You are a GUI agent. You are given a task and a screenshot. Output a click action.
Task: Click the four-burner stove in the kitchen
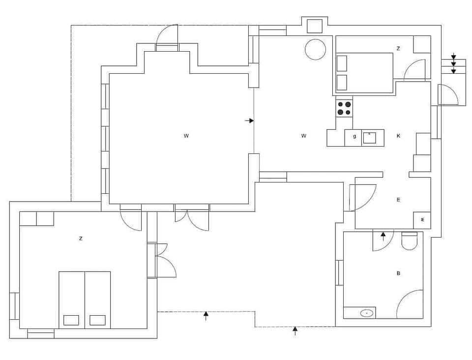pyautogui.click(x=344, y=108)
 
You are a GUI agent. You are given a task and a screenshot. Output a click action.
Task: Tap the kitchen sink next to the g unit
pyautogui.click(x=369, y=138)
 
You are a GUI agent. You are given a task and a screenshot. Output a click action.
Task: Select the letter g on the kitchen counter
pyautogui.click(x=354, y=136)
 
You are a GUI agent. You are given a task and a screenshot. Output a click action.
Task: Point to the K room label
pyautogui.click(x=398, y=136)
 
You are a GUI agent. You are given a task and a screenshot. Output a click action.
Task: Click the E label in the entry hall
pyautogui.click(x=398, y=200)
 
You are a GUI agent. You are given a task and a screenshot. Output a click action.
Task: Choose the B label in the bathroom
pyautogui.click(x=398, y=273)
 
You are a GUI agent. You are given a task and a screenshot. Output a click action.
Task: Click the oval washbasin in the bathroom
pyautogui.click(x=366, y=313)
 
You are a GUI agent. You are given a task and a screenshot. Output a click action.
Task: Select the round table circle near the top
pyautogui.click(x=315, y=50)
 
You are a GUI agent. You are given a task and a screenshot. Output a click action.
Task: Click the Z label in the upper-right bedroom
pyautogui.click(x=398, y=48)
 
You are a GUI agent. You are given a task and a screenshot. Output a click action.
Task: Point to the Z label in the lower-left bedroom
pyautogui.click(x=81, y=239)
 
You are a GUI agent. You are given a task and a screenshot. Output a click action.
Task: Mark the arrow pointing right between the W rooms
pyautogui.click(x=250, y=120)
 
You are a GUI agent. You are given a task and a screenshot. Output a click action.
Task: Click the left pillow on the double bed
pyautogui.click(x=71, y=320)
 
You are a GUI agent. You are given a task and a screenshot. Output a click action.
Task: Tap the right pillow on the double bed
pyautogui.click(x=97, y=320)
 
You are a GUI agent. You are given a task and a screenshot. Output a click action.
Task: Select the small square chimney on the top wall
pyautogui.click(x=315, y=26)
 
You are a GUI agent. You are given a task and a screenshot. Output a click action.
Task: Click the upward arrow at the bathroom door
pyautogui.click(x=383, y=236)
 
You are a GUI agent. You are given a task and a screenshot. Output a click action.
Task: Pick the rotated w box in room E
pyautogui.click(x=422, y=220)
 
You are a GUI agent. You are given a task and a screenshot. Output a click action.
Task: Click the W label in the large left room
pyautogui.click(x=186, y=136)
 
